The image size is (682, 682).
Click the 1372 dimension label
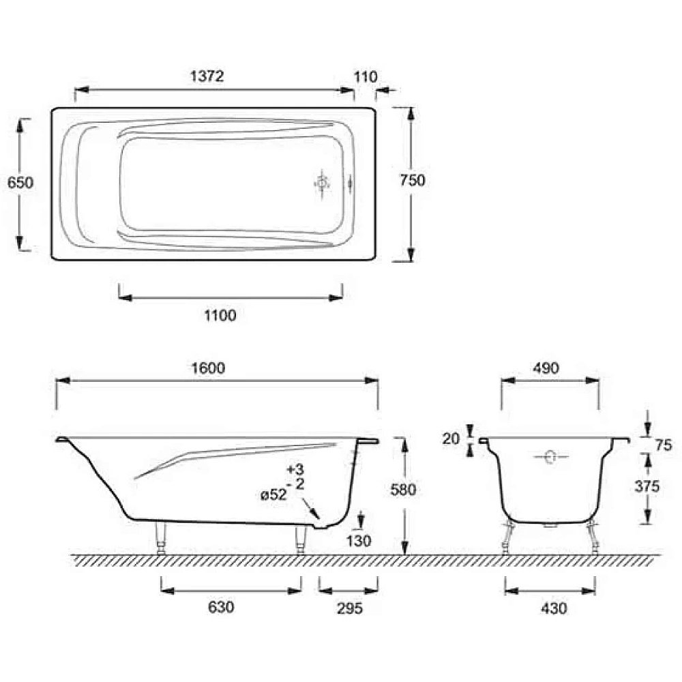click(x=207, y=76)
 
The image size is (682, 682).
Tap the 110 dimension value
click(x=366, y=77)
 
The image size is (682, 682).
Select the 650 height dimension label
click(x=20, y=183)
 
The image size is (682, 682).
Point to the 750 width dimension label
click(x=413, y=180)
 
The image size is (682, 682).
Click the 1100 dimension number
click(x=220, y=315)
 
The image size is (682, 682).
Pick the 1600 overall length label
click(x=208, y=368)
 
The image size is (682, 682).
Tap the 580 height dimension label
click(x=403, y=490)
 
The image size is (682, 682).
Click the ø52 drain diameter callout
click(x=273, y=495)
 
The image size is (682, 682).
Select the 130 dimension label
click(x=359, y=541)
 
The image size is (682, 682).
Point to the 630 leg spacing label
click(x=221, y=607)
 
